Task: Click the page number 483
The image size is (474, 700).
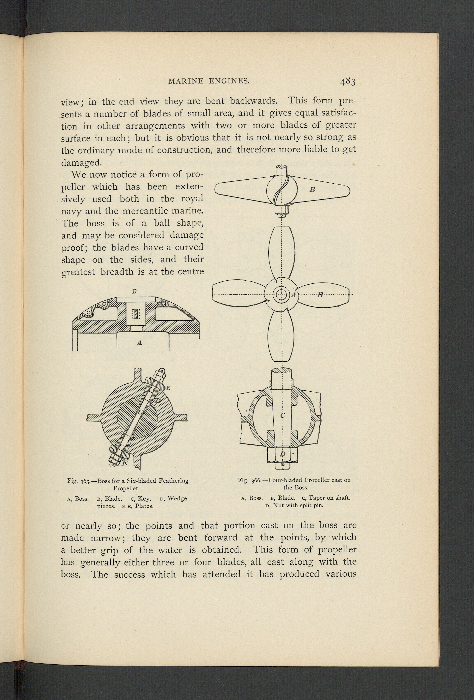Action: coord(348,81)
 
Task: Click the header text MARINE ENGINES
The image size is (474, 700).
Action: coord(209,81)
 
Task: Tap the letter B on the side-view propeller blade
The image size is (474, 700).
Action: coord(312,190)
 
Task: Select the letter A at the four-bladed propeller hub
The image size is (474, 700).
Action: coord(293,295)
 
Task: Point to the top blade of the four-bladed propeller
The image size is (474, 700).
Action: coord(281,253)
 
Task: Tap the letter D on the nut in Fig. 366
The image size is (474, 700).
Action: coord(282,454)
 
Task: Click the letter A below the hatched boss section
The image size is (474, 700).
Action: coord(139,343)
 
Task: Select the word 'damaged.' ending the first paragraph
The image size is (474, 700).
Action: coord(81,163)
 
